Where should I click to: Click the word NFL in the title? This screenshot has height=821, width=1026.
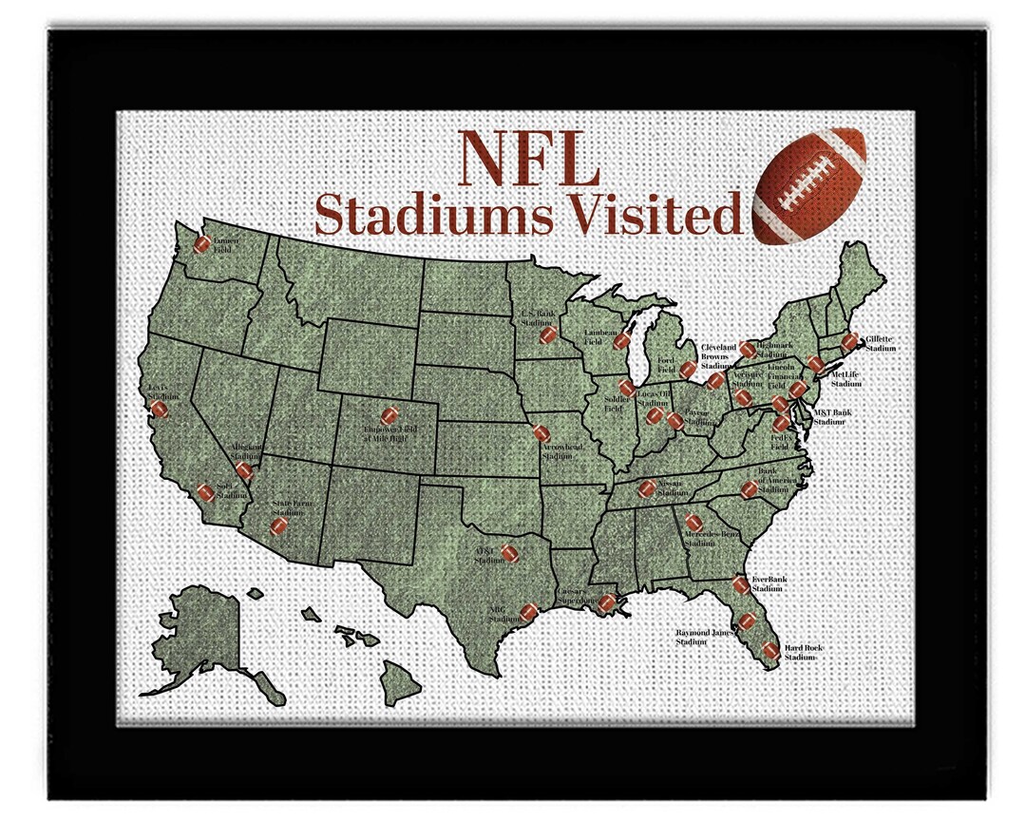[528, 161]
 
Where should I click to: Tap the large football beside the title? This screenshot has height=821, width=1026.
[808, 186]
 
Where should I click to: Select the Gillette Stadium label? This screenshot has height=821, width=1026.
[881, 343]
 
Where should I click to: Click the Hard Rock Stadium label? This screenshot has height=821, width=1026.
[804, 652]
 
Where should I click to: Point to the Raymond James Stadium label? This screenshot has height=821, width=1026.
[705, 637]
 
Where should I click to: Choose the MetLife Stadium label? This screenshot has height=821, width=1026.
[845, 379]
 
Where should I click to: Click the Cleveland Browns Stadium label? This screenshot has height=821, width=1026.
[718, 356]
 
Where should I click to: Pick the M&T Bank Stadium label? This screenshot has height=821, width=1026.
[831, 416]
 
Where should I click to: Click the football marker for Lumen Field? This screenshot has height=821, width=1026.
[201, 244]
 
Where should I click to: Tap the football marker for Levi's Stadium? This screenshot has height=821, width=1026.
[160, 409]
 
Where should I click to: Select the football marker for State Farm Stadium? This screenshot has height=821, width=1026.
[278, 525]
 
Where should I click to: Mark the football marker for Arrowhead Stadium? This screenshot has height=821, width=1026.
[541, 433]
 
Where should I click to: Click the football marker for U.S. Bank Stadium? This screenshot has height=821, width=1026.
[547, 335]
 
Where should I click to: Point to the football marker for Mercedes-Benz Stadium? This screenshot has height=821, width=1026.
[693, 522]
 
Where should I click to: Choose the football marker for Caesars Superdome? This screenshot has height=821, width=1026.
[607, 601]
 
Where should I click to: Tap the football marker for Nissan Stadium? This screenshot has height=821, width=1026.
[647, 488]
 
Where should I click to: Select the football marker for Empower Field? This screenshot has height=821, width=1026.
[389, 415]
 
